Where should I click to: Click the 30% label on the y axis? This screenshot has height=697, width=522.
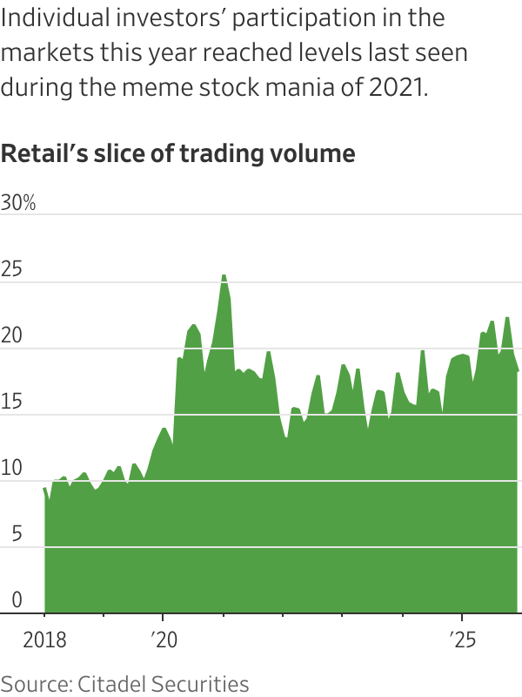[x=18, y=203]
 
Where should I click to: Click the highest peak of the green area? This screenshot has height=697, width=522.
[x=224, y=275]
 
